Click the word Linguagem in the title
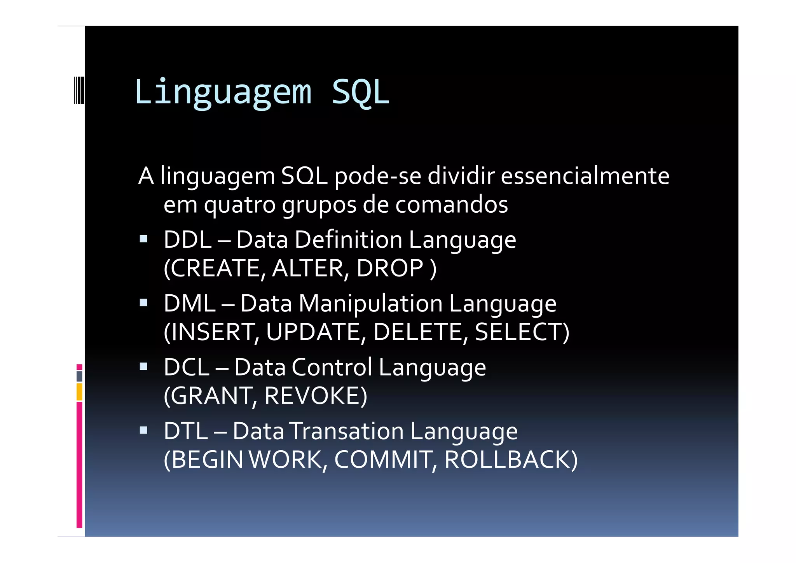(223, 93)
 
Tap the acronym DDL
(187, 240)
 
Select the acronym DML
(189, 303)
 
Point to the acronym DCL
(187, 367)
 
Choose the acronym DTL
(186, 431)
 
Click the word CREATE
(215, 268)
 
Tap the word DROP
(389, 268)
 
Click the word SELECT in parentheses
(519, 332)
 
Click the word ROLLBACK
(507, 460)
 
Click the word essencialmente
(585, 176)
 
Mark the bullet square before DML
(143, 302)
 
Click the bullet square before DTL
(143, 430)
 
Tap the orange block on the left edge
(79, 392)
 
